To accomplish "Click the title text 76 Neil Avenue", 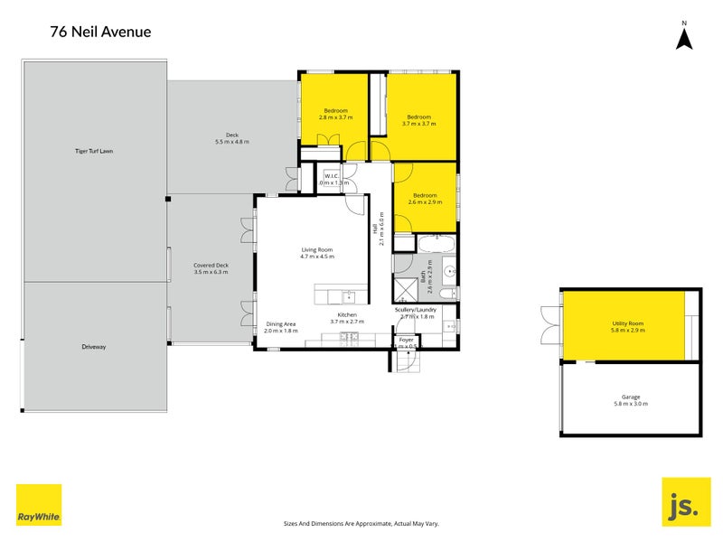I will (100, 33).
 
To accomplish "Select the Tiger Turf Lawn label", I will (94, 151).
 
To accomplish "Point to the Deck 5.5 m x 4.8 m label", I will (231, 138).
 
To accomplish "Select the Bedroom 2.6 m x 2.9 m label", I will (425, 199).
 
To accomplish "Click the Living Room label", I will (317, 253).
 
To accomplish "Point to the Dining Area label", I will (280, 327).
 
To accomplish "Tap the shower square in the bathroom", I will (402, 288).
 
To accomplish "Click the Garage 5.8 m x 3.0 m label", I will (629, 400).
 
